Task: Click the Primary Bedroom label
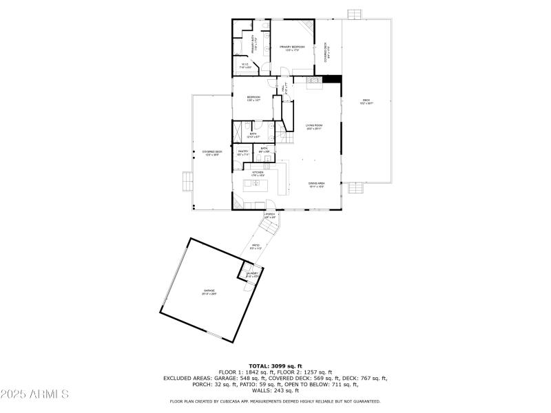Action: coord(292,48)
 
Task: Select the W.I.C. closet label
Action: coord(245,66)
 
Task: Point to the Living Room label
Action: coord(314,127)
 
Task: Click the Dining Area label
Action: coord(316,185)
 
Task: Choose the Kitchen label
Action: coord(258,173)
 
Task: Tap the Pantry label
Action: coord(242,152)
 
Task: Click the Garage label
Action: coord(209,292)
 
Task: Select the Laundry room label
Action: coord(251,274)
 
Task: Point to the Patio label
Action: coord(256,246)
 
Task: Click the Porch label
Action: coord(270,215)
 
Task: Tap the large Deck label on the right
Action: coord(366,102)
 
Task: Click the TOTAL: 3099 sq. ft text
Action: coord(275,366)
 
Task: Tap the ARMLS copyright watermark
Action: coord(34,394)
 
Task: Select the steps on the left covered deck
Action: coord(185,180)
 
